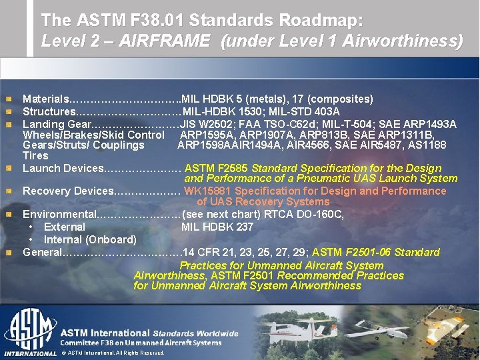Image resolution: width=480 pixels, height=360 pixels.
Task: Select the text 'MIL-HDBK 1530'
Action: click(x=216, y=111)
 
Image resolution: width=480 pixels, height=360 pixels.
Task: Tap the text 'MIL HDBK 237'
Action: click(x=217, y=227)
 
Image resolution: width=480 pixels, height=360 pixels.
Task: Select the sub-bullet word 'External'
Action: click(x=64, y=227)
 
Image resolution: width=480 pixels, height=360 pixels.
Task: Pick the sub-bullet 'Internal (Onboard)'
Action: click(x=90, y=239)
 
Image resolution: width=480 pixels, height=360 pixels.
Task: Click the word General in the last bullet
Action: click(x=42, y=253)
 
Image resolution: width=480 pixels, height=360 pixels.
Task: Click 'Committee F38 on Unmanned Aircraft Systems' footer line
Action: click(x=141, y=343)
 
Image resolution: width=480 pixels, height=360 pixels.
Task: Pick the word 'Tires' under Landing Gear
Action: click(x=35, y=155)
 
